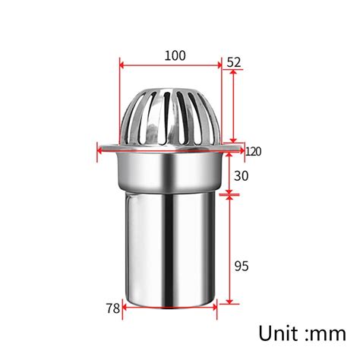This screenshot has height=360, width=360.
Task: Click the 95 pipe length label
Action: coord(241,265)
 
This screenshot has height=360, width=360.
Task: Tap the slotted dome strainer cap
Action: coord(170,114)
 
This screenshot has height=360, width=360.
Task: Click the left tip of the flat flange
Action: coord(101,149)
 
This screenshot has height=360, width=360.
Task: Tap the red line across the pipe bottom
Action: coord(170,307)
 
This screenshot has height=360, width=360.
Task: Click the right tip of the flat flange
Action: coord(240,149)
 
